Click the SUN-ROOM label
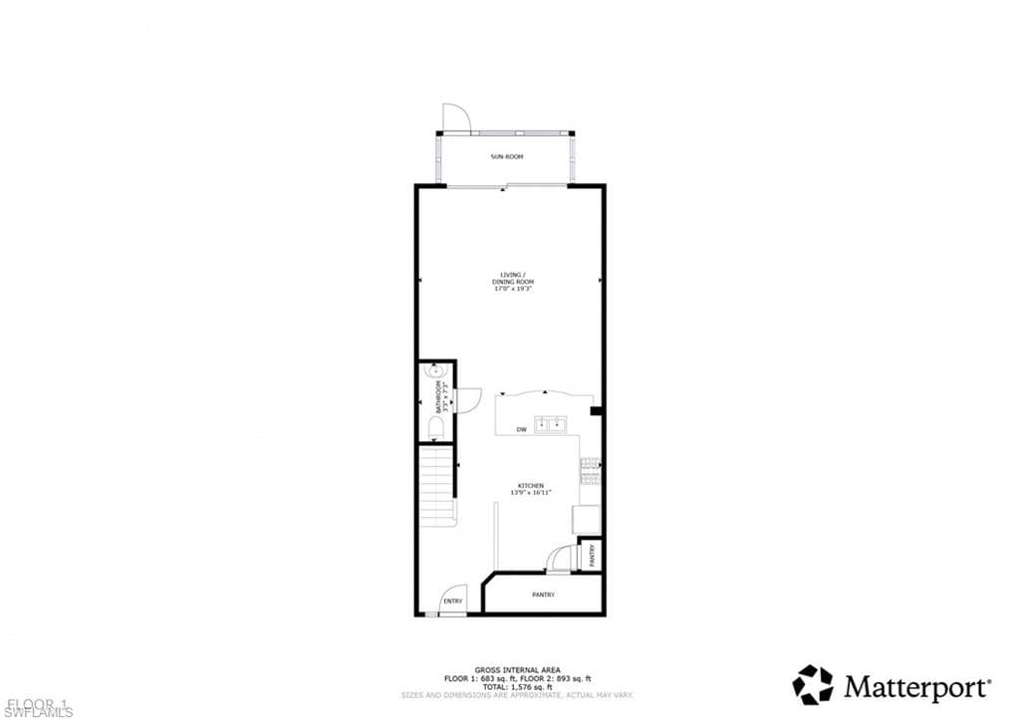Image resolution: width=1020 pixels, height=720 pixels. coord(506,157)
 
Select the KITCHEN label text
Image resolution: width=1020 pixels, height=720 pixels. coord(530,485)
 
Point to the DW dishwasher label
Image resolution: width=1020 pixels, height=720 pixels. coord(521,429)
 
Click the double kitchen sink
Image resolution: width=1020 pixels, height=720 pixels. coord(550,425)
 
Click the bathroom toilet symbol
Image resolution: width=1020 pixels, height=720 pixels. coord(435,428)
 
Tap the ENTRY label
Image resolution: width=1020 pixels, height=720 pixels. coord(453,600)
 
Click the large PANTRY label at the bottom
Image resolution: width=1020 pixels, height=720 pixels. coord(543,595)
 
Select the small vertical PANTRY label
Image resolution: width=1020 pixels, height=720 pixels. coord(592,554)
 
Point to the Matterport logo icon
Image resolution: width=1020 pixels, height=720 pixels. coord(812,685)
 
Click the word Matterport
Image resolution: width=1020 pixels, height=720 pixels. coord(916,686)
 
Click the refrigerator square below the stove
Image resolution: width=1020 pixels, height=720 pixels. coord(587,519)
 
